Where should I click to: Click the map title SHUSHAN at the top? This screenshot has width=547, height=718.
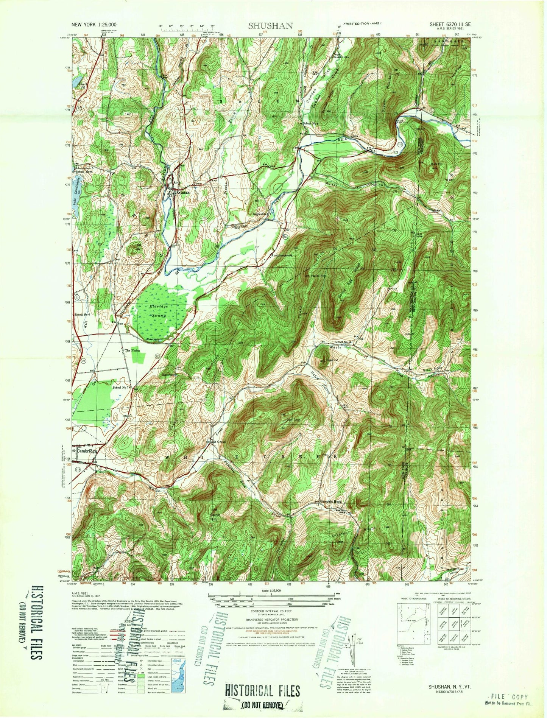pyautogui.click(x=270, y=26)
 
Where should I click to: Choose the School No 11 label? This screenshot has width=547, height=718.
pyautogui.click(x=343, y=342)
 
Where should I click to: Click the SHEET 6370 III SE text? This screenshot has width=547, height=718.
pyautogui.click(x=450, y=24)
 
